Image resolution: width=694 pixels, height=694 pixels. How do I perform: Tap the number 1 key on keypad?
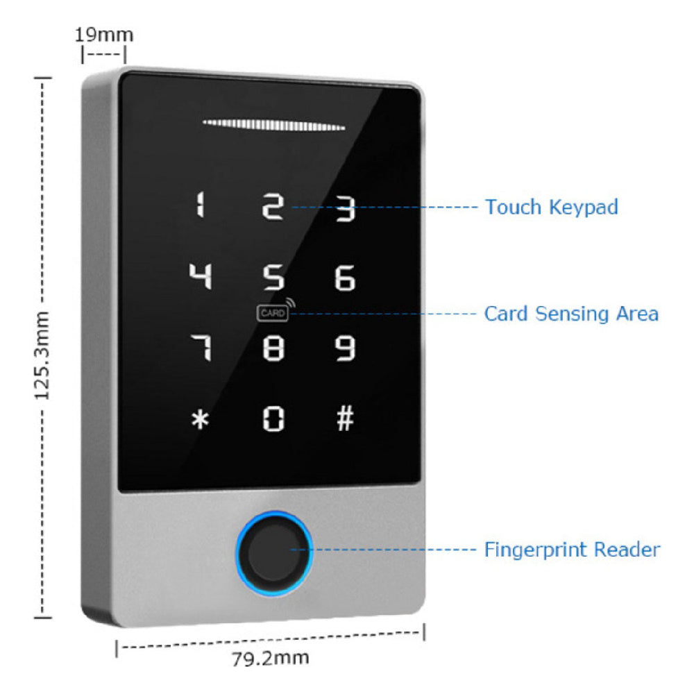tap(201, 206)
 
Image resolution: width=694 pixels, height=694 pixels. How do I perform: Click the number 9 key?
tap(346, 348)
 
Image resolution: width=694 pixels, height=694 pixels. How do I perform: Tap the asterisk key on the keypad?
tap(201, 419)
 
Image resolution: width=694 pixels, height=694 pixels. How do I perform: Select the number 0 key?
tap(273, 418)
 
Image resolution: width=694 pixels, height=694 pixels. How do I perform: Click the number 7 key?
tap(201, 347)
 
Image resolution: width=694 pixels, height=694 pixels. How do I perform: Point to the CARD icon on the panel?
tap(273, 314)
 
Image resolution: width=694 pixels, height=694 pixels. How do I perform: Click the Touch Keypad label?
tap(551, 207)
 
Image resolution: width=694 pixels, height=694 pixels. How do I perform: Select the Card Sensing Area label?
tap(570, 314)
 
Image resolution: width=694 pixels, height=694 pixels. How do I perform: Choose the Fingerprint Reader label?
tap(572, 550)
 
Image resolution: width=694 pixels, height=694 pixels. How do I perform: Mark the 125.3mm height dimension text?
tap(43, 355)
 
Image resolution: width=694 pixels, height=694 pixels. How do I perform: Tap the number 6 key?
tap(345, 278)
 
